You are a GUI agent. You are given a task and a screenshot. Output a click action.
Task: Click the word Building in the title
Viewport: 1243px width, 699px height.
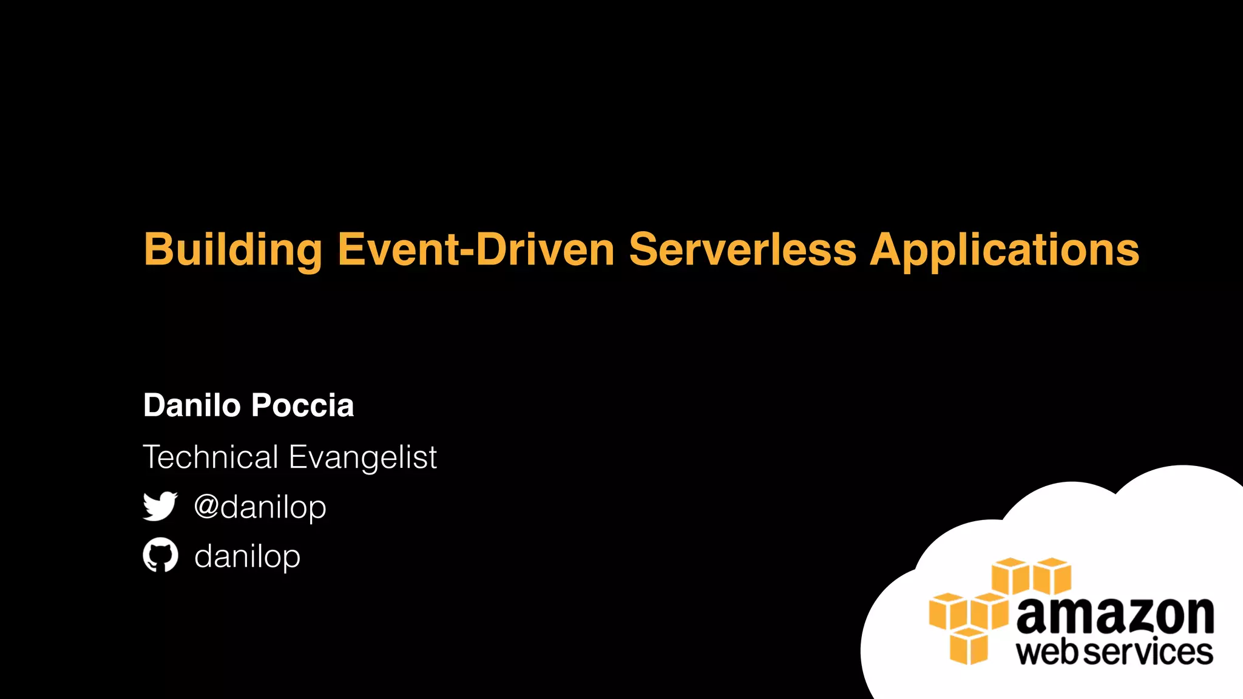coord(233,250)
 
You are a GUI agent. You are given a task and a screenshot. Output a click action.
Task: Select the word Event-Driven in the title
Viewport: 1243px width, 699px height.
coord(476,250)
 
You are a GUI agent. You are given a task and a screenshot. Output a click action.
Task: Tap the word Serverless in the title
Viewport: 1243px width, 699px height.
coord(742,250)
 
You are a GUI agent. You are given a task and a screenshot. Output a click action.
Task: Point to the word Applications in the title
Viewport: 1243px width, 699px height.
coord(1004,250)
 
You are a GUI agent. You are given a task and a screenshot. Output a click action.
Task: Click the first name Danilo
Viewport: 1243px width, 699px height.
coord(192,405)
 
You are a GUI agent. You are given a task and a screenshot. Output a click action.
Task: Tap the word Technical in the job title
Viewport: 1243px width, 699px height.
coord(211,457)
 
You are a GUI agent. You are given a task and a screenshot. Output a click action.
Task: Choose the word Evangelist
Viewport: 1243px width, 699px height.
coord(363,457)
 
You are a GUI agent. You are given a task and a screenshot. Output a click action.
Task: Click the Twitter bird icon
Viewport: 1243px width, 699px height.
coord(160,506)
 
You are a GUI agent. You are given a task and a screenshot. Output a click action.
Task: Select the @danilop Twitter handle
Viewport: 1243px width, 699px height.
coord(260,507)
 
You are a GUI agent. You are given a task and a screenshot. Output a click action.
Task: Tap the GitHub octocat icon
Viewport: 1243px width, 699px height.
coord(160,555)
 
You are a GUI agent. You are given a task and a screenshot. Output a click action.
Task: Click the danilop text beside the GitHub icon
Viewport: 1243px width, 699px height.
coord(247,556)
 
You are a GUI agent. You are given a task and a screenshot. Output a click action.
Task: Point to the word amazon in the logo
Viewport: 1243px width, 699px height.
coord(1115,616)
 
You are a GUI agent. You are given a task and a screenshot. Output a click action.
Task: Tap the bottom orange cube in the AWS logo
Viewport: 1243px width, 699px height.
coord(969,647)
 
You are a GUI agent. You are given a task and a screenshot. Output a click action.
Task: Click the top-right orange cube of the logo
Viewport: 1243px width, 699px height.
coord(1052,576)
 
